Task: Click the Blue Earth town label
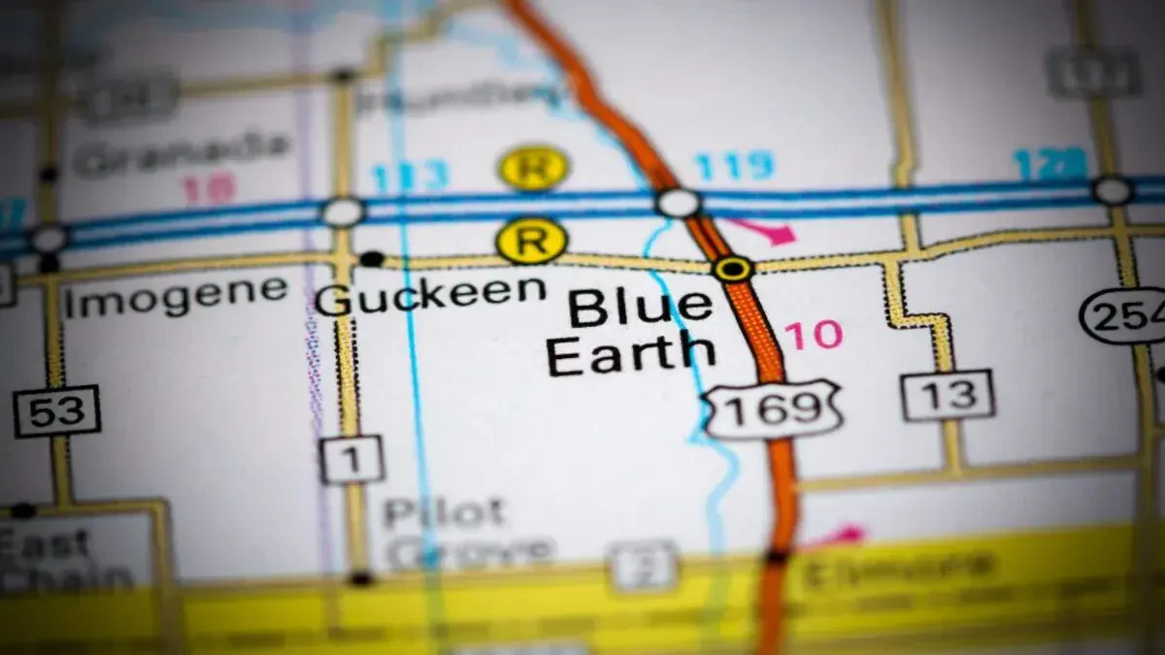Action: click(631, 332)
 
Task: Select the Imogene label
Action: click(176, 296)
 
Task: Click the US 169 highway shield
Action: click(772, 409)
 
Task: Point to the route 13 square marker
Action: click(948, 395)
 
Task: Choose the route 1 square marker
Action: click(351, 459)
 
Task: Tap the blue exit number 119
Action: click(734, 166)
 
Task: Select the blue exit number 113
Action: click(409, 177)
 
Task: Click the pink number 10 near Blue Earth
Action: click(814, 335)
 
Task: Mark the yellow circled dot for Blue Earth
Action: click(732, 268)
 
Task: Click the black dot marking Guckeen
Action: click(371, 258)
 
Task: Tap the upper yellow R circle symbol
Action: click(533, 167)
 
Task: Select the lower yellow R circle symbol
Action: click(531, 240)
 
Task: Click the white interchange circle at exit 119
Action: click(678, 203)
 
